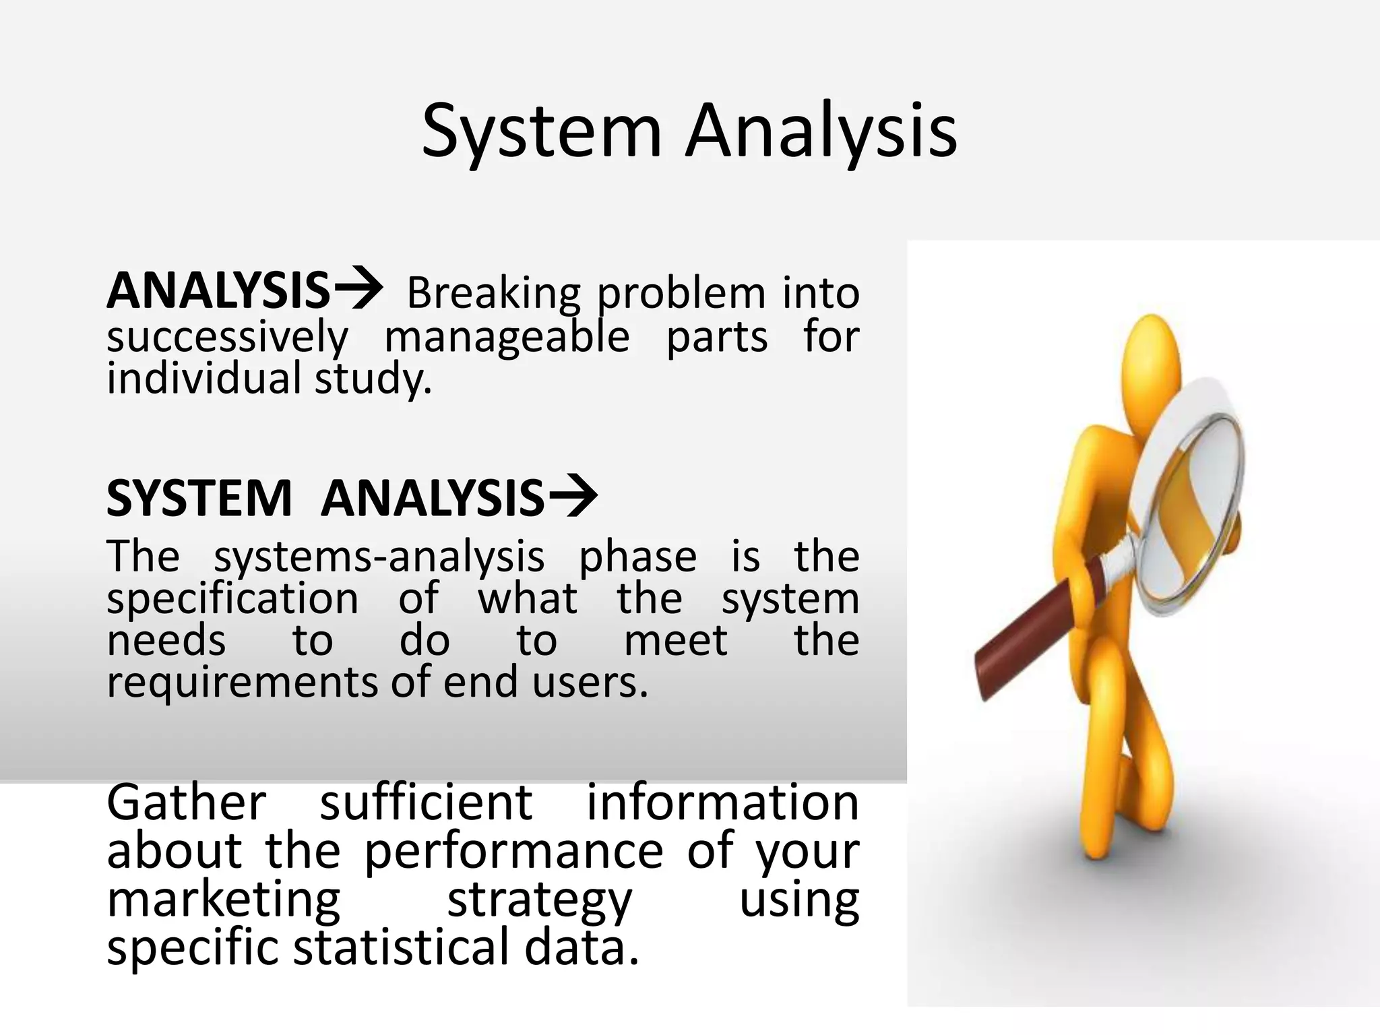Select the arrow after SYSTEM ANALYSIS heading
click(573, 496)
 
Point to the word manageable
click(507, 338)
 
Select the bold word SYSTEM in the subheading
click(199, 499)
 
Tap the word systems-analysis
click(379, 557)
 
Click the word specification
click(232, 599)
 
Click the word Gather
click(187, 803)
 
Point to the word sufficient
click(426, 803)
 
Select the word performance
click(513, 852)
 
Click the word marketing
click(224, 900)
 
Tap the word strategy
click(539, 902)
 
